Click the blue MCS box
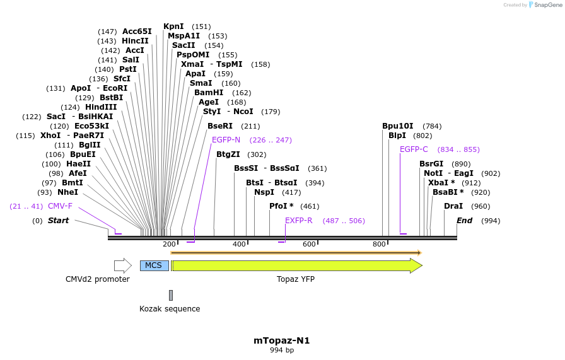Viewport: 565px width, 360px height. (154, 265)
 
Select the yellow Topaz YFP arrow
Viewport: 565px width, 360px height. (296, 265)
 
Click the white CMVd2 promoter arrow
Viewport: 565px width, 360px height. (122, 265)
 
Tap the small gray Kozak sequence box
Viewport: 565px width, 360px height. (170, 295)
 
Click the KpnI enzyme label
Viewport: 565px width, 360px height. (173, 26)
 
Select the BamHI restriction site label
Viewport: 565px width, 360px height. (208, 92)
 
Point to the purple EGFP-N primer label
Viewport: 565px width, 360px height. (226, 140)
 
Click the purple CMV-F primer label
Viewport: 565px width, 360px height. (60, 206)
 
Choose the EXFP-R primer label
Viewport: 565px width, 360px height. (298, 221)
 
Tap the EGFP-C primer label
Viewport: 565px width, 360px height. (414, 149)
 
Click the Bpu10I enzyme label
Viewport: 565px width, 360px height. (398, 126)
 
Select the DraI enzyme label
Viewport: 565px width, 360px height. (453, 206)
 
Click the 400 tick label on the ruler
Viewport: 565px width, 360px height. (239, 245)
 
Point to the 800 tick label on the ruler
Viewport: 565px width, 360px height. (379, 245)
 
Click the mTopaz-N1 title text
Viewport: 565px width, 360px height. (282, 340)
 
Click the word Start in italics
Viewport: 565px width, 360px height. (58, 221)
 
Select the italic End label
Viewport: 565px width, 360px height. (464, 221)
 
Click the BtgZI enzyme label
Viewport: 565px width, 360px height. (228, 154)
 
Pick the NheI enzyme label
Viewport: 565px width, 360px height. (67, 192)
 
